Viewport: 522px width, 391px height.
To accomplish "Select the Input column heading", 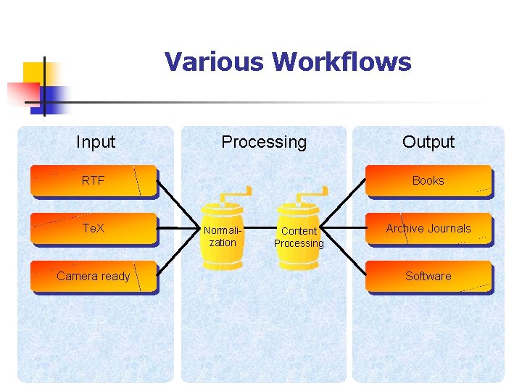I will [96, 142].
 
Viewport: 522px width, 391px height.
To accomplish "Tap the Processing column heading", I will [264, 142].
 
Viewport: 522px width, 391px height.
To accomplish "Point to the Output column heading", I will [428, 142].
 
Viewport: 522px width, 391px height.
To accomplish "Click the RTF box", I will [94, 181].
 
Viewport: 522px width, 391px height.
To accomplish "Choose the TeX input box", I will [94, 228].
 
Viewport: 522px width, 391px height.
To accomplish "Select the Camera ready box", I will [94, 276].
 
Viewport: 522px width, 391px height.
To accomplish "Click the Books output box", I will [428, 181].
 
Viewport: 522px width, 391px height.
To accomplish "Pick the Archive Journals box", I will [428, 228].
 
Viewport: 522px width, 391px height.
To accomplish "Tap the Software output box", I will [428, 276].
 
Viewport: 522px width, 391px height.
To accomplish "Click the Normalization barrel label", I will [223, 237].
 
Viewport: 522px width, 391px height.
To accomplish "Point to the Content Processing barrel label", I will [299, 237].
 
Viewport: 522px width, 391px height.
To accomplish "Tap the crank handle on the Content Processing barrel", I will [312, 194].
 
